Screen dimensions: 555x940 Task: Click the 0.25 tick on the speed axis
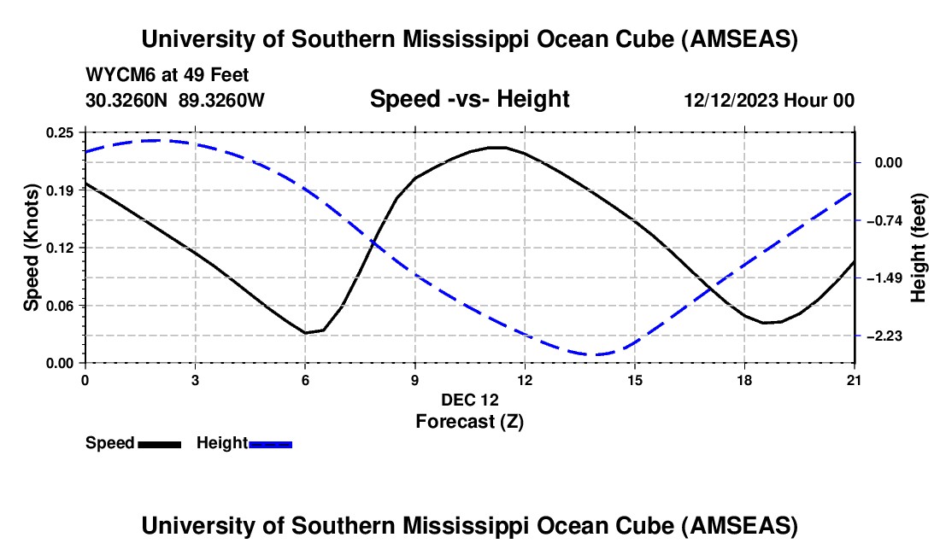pyautogui.click(x=61, y=132)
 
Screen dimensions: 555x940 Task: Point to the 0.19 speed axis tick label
pyautogui.click(x=61, y=190)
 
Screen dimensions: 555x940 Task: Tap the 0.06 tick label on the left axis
pyautogui.click(x=61, y=305)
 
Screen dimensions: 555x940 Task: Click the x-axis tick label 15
pyautogui.click(x=635, y=378)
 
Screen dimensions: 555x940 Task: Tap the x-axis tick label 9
pyautogui.click(x=414, y=378)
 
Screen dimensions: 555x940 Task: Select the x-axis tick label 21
pyautogui.click(x=855, y=378)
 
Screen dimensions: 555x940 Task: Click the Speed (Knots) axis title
pyautogui.click(x=32, y=248)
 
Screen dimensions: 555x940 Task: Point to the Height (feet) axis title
pyautogui.click(x=919, y=248)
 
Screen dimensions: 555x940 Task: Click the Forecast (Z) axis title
pyautogui.click(x=469, y=421)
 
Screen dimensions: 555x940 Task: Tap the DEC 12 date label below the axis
pyautogui.click(x=469, y=400)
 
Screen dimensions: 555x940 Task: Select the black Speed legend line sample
pyautogui.click(x=159, y=443)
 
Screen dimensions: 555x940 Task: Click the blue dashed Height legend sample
pyautogui.click(x=270, y=443)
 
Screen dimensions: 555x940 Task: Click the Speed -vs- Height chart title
pyautogui.click(x=469, y=99)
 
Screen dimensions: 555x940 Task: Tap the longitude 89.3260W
pyautogui.click(x=222, y=101)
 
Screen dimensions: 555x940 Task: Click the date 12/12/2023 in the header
pyautogui.click(x=731, y=101)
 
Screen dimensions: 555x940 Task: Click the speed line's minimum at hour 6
pyautogui.click(x=305, y=332)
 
